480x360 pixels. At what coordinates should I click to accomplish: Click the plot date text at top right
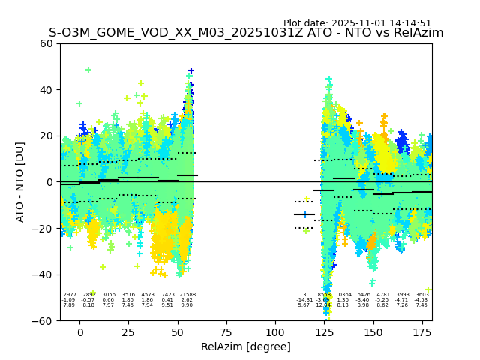point(357,23)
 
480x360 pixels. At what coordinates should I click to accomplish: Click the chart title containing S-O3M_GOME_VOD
point(246,33)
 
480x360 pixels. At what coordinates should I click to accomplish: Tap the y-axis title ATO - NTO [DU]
point(20,181)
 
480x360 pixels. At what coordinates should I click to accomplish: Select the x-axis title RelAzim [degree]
point(246,346)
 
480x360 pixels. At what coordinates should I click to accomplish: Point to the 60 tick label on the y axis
point(46,43)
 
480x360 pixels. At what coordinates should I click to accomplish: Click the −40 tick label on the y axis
point(43,274)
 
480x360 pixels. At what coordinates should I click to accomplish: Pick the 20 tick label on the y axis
point(46,136)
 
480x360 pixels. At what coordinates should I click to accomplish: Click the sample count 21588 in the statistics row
point(187,295)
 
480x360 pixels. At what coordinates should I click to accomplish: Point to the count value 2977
point(70,295)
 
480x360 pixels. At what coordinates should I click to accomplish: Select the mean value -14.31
point(304,300)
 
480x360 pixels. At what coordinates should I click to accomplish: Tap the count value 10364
point(343,295)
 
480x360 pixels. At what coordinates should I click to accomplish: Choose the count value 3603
point(422,295)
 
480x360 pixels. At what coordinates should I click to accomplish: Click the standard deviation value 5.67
point(304,305)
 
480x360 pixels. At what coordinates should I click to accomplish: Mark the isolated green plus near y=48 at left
point(88,70)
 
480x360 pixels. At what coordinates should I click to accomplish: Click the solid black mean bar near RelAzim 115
point(304,214)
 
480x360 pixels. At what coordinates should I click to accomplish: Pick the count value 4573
point(148,295)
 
